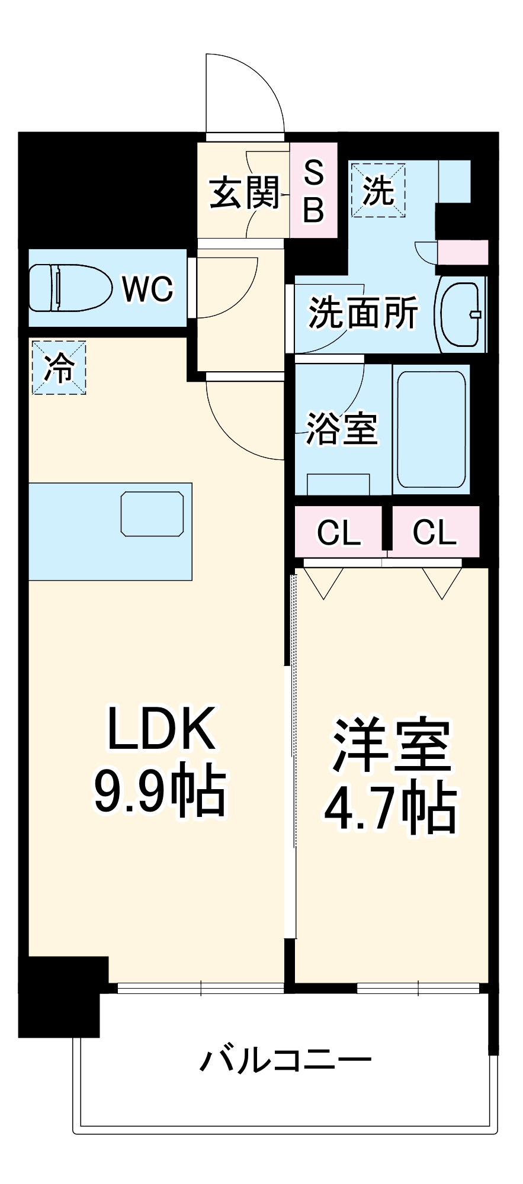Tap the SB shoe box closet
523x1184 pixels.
[x=313, y=191]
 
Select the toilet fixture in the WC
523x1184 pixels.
[x=70, y=288]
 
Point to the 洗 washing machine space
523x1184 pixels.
[x=378, y=191]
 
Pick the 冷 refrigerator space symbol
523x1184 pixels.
[x=59, y=368]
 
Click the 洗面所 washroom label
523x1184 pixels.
[x=362, y=312]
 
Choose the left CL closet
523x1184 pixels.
[x=338, y=532]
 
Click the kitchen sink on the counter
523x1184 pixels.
[x=152, y=514]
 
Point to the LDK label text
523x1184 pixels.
[x=161, y=729]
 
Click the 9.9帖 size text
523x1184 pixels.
[x=160, y=791]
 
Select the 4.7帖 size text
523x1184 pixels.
[x=390, y=807]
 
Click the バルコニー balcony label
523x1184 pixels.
[x=286, y=1060]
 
